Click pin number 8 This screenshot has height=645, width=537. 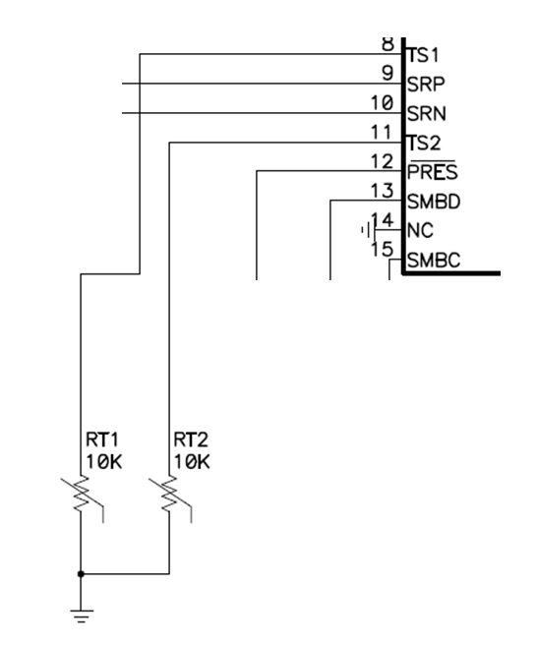(x=387, y=44)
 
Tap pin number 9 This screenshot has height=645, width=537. (x=387, y=73)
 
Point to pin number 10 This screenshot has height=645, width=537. (x=383, y=102)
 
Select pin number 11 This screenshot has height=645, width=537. (x=383, y=131)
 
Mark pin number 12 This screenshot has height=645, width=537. (x=383, y=160)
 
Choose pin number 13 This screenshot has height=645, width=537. (x=383, y=189)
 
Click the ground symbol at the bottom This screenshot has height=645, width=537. (x=82, y=616)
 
